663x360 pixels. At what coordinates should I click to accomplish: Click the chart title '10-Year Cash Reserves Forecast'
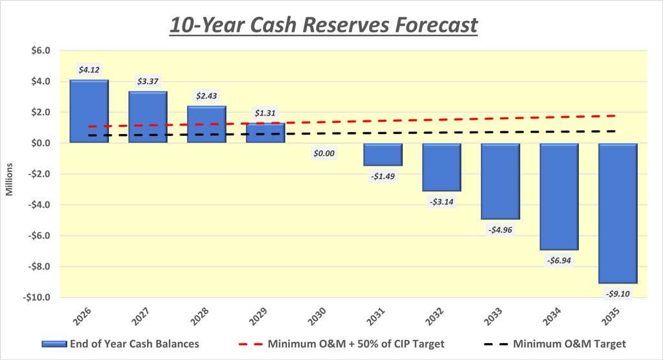323,25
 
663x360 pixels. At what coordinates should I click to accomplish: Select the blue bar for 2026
89,111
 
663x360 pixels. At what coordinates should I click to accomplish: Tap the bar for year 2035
618,213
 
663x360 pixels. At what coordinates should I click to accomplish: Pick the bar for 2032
442,167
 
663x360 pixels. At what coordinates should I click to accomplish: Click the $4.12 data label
89,69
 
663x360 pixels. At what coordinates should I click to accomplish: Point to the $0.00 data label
324,155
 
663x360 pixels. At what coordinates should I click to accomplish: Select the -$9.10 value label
618,293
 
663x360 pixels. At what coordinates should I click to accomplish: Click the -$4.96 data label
500,230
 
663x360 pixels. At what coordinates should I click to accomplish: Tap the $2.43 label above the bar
207,95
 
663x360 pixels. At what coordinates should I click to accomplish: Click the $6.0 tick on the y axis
39,51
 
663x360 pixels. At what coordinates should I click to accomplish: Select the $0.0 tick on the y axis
39,143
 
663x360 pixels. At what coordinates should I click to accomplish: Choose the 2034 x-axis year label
552,315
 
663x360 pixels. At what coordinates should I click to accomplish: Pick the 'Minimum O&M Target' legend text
568,344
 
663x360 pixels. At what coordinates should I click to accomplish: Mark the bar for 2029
265,133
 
